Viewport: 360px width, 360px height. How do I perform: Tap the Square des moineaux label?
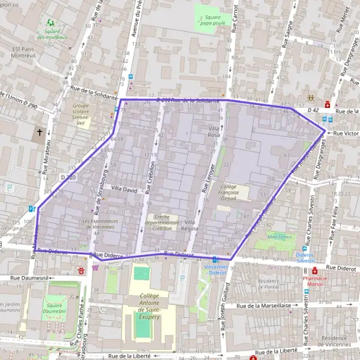click(x=52, y=34)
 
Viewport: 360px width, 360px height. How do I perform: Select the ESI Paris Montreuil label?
click(x=23, y=53)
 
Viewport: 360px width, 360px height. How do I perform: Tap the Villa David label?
click(x=124, y=189)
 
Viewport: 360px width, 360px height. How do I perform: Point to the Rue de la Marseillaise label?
click(x=264, y=306)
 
